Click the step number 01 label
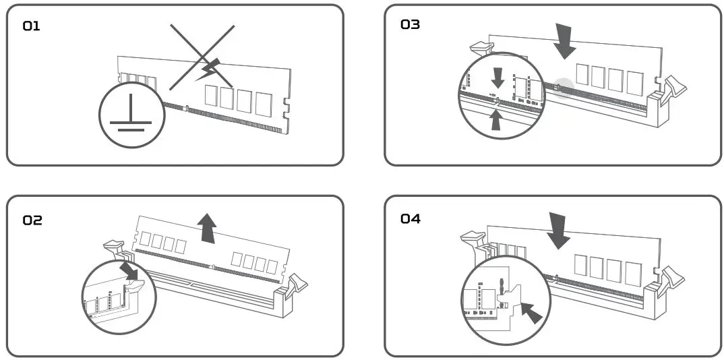click(32, 26)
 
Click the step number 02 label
click(32, 220)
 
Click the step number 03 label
click(410, 25)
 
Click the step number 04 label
click(410, 218)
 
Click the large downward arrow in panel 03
click(564, 40)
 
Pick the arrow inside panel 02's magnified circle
click(129, 271)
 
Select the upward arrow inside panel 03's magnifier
click(497, 119)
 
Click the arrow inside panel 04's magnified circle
click(532, 312)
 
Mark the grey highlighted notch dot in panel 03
click(564, 86)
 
